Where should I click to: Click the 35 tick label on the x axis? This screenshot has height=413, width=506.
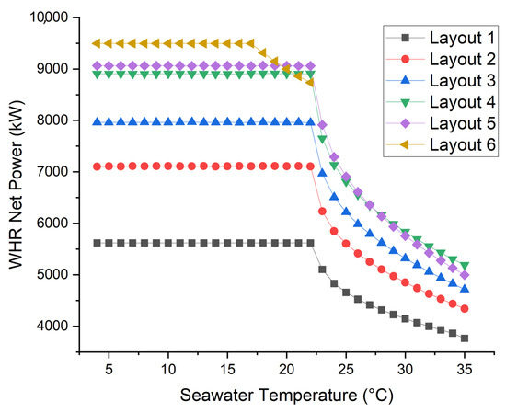point(464,368)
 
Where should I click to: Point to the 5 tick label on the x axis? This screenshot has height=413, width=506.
point(109,368)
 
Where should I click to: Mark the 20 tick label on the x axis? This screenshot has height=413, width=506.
point(286,368)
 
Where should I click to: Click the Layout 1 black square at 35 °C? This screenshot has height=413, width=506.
point(465,338)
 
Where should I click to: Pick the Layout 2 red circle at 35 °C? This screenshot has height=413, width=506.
point(465,309)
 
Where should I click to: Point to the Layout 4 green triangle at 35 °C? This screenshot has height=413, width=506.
point(465,266)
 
